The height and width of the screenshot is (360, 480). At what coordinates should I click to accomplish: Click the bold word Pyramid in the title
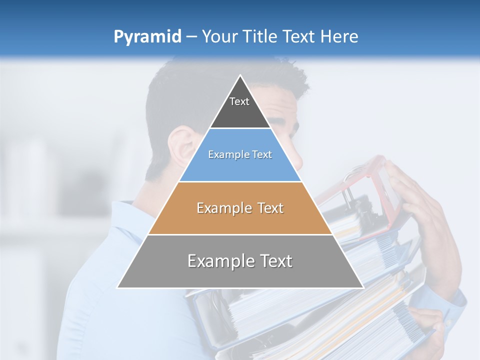click(x=147, y=37)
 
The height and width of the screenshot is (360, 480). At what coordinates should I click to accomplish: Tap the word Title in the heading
click(x=260, y=36)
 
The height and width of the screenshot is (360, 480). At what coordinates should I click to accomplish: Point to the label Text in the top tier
click(x=239, y=101)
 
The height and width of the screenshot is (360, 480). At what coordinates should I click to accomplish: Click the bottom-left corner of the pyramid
click(x=117, y=287)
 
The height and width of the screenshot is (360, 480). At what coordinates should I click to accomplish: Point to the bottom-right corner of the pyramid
click(x=363, y=287)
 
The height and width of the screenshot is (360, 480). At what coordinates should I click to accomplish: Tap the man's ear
click(x=181, y=150)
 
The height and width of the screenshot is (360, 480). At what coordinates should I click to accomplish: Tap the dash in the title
click(x=191, y=37)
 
